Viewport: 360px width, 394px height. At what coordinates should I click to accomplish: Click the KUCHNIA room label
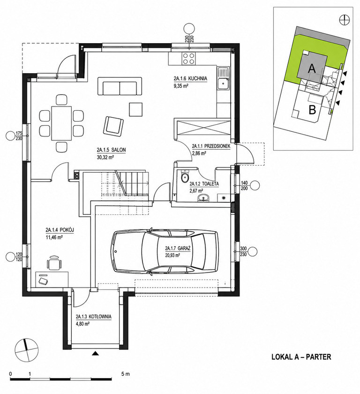(190, 79)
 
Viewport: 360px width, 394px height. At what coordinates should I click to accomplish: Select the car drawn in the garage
(165, 251)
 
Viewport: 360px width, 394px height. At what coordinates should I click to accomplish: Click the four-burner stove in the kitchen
(188, 59)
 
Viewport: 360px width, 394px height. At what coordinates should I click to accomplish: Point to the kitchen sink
(223, 79)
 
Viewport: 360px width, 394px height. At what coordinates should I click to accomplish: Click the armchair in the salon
(113, 126)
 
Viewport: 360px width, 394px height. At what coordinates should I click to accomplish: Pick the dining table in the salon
(61, 123)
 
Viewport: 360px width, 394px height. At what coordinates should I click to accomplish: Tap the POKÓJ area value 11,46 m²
(54, 237)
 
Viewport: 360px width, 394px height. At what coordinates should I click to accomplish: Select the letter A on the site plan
(312, 68)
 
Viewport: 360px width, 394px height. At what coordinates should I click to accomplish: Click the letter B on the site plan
(312, 110)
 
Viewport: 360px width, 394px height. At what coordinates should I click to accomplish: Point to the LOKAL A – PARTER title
(301, 357)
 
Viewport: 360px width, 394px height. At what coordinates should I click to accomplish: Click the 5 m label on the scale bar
(126, 374)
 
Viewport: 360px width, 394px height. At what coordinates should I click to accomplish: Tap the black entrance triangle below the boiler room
(95, 354)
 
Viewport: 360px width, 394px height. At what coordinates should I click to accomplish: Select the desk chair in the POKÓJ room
(54, 263)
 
